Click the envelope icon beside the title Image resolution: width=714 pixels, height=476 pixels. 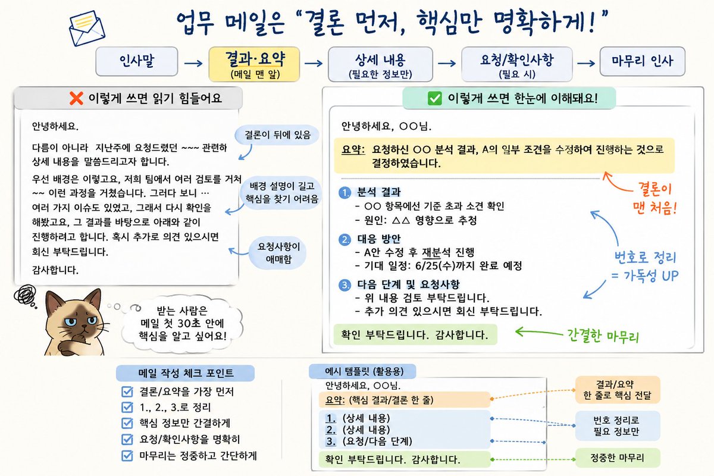tap(87, 28)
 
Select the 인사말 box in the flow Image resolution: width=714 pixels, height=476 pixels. tap(137, 61)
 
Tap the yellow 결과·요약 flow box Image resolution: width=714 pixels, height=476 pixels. tap(255, 64)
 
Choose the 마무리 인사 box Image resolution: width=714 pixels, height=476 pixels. tap(642, 61)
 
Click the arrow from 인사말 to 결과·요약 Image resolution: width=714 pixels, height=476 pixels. tap(193, 63)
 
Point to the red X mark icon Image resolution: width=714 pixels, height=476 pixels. tap(76, 98)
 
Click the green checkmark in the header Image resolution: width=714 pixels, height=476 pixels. tap(435, 98)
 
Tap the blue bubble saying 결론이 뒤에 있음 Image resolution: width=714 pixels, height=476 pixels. tap(277, 135)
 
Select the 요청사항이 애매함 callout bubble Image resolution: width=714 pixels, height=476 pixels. tap(278, 252)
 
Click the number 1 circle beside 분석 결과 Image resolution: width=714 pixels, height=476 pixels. tap(345, 193)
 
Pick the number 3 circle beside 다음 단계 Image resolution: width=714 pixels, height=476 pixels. tap(345, 284)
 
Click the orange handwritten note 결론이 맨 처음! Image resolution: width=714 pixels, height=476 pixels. tap(654, 198)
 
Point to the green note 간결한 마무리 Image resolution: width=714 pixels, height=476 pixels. tap(603, 336)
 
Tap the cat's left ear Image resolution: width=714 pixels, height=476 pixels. tap(52, 300)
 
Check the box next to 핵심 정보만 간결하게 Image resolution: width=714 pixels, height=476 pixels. tap(127, 423)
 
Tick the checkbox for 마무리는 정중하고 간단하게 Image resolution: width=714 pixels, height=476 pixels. tap(127, 456)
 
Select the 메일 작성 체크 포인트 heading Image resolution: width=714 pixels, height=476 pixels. tap(186, 373)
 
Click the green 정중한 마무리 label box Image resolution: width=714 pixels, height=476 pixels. tap(618, 458)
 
